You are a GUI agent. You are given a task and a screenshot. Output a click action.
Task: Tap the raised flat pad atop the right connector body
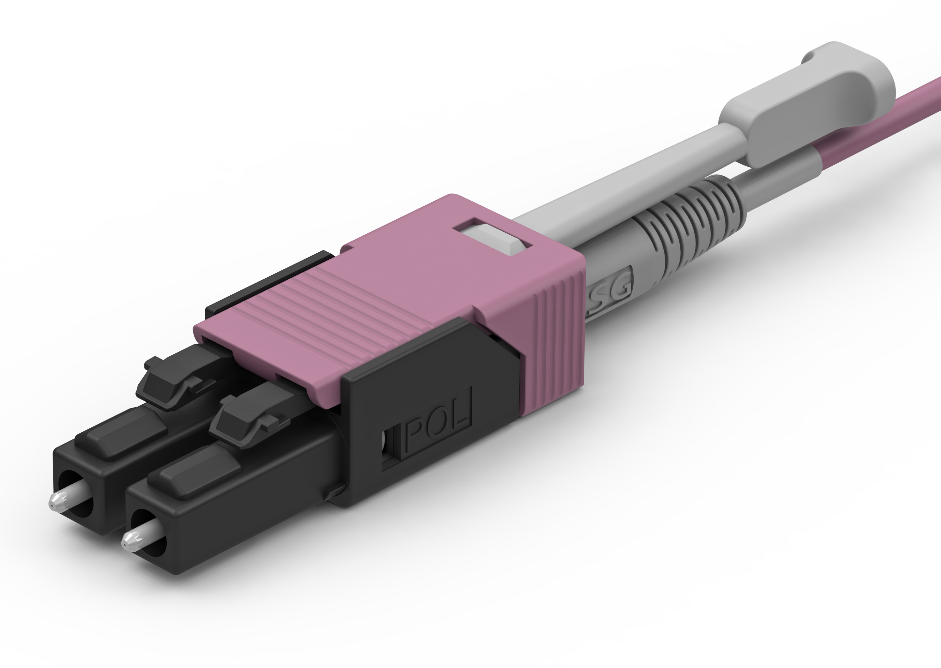click(x=193, y=473)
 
